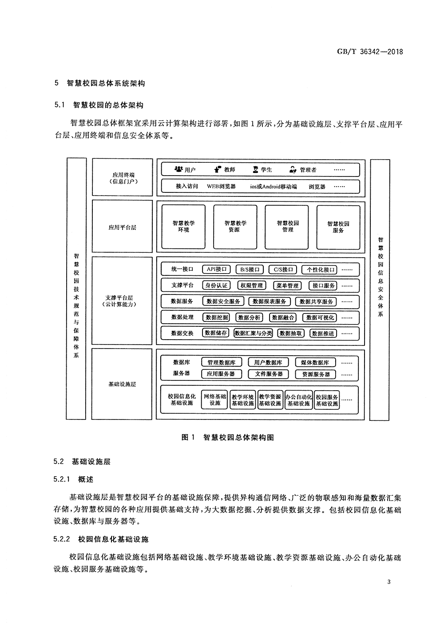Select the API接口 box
pos(217,269)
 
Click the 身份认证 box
pos(216,286)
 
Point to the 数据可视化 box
pos(320,317)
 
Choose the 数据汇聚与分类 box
pos(253,333)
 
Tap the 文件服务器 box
pos(269,374)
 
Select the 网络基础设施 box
pos(215,400)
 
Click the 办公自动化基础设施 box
pos(299,400)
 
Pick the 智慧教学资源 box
pos(235,227)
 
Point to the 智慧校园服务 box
pos(338,227)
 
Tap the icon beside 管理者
pos(293,169)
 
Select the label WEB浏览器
pos(221,187)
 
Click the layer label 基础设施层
pos(122,384)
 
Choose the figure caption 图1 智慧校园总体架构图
pos(228,437)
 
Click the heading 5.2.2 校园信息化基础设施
pos(101,539)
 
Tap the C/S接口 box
pos(283,269)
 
